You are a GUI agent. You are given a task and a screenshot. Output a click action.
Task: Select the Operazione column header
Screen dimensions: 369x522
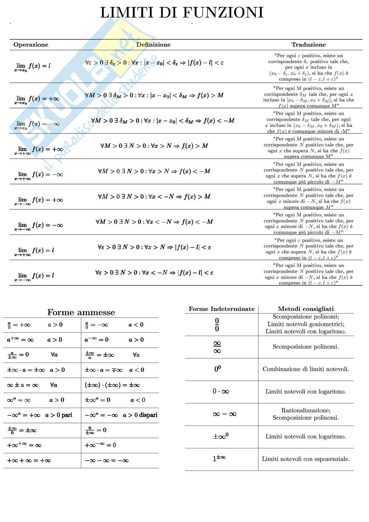point(31,45)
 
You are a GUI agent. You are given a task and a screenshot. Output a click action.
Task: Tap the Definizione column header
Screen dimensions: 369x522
point(153,45)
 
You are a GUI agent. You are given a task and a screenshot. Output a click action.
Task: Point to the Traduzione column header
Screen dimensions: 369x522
point(309,45)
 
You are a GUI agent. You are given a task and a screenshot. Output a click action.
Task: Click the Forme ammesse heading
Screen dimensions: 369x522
point(81,312)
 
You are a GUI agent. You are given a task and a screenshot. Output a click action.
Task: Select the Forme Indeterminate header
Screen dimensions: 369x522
point(221,309)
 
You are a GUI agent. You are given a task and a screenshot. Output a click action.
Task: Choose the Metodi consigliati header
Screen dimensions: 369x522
point(306,309)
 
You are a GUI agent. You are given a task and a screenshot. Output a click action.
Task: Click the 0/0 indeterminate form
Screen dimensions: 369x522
point(217,325)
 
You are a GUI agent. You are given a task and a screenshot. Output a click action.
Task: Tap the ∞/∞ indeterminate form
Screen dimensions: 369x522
point(217,347)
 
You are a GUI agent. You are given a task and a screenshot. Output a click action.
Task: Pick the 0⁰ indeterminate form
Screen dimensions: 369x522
point(217,369)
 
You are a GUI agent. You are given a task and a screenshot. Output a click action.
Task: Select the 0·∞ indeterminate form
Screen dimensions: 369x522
point(221,391)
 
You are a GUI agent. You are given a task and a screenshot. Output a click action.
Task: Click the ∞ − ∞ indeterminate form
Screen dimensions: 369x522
point(225,414)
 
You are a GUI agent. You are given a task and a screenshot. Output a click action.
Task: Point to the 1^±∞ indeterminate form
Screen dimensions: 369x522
point(219,459)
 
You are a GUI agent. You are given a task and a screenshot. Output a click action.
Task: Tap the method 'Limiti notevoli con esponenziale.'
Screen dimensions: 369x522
point(306,459)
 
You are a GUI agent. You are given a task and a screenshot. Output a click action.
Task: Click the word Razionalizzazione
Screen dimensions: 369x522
point(305,410)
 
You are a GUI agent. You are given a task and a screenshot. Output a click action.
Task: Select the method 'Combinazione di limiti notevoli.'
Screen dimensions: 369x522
point(306,369)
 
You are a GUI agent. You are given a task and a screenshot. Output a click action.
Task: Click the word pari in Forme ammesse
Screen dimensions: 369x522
point(66,415)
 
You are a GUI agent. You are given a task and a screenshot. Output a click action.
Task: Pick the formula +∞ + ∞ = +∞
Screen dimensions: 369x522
point(29,460)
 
